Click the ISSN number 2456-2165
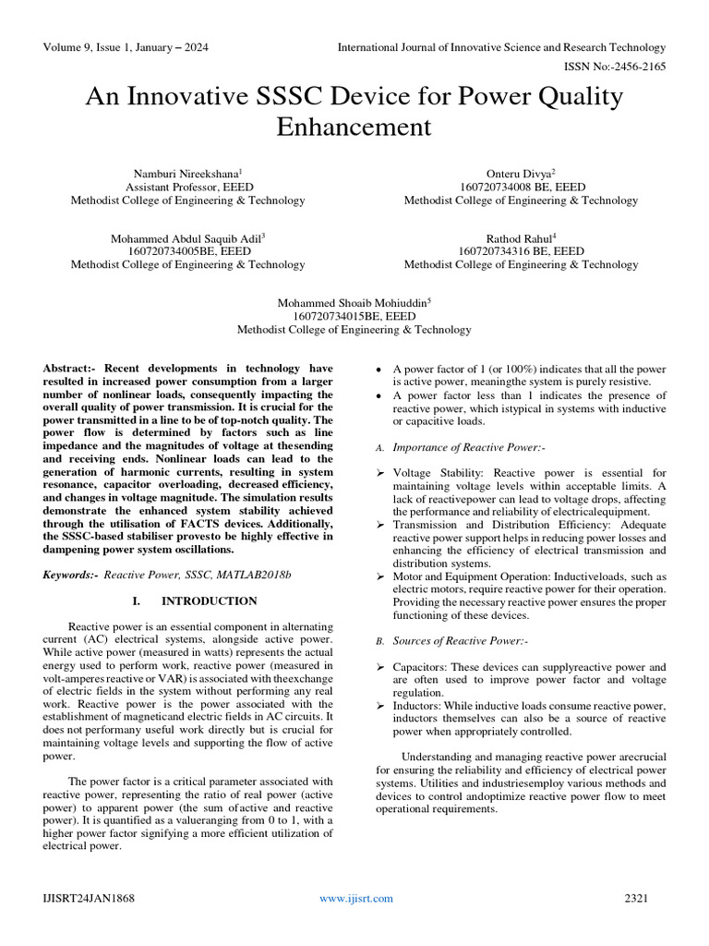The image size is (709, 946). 641,67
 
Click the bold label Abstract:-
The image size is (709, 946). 71,368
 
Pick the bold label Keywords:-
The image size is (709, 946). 71,575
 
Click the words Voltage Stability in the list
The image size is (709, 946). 432,473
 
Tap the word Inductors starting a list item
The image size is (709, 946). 418,705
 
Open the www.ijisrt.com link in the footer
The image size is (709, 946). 356,898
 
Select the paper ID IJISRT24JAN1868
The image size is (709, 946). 88,898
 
